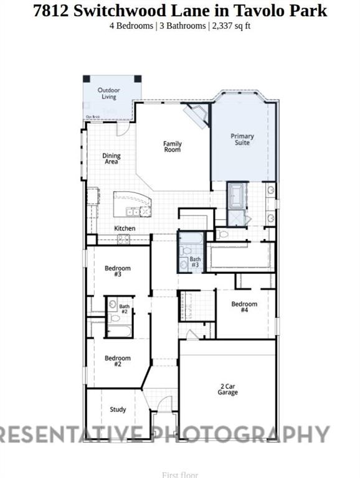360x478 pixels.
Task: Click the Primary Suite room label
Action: (x=242, y=139)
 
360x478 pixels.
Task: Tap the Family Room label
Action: (x=173, y=147)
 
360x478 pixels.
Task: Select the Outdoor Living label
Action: (x=108, y=94)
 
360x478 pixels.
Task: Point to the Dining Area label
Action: (x=111, y=159)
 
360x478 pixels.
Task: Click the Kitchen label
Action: (x=125, y=228)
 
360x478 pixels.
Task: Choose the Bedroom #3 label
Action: (x=117, y=271)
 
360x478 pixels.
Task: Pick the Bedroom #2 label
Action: (x=117, y=361)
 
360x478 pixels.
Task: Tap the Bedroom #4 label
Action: (x=244, y=307)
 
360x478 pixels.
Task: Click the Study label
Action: (x=118, y=410)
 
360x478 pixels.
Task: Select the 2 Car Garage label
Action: (x=227, y=389)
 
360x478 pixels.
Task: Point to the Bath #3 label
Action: (x=195, y=262)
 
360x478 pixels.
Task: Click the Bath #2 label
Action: (x=124, y=308)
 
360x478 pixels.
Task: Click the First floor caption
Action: (x=179, y=475)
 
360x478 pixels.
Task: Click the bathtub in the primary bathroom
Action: (x=237, y=195)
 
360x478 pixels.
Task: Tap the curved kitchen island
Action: (x=132, y=204)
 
